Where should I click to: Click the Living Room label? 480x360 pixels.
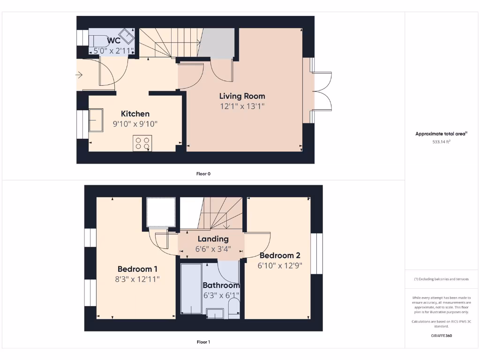(x=242, y=96)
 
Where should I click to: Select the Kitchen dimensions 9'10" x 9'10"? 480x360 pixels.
(x=135, y=124)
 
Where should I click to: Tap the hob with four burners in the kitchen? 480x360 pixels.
(x=142, y=143)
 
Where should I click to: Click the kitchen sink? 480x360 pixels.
(x=96, y=120)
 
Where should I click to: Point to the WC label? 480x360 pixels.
(x=114, y=41)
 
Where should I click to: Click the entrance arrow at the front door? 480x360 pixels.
(x=79, y=75)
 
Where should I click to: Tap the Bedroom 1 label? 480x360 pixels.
(x=137, y=269)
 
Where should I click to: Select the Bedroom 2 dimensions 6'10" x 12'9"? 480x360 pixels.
(x=279, y=265)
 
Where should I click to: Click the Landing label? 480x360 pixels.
(x=213, y=239)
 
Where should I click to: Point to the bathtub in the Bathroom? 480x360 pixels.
(x=191, y=288)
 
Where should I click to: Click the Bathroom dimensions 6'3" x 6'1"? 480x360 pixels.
(x=221, y=295)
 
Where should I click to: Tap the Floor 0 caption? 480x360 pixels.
(x=203, y=174)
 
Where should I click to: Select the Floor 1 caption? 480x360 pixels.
(x=203, y=342)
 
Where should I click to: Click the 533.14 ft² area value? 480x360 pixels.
(x=441, y=142)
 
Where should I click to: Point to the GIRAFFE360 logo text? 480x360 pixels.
(x=441, y=336)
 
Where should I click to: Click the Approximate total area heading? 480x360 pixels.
(x=441, y=134)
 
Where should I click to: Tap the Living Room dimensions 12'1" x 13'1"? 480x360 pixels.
(x=242, y=106)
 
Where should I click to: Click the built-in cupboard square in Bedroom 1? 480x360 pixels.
(x=161, y=211)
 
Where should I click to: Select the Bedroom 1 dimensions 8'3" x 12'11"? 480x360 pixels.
(x=138, y=279)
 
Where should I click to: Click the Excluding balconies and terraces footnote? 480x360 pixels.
(x=441, y=279)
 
